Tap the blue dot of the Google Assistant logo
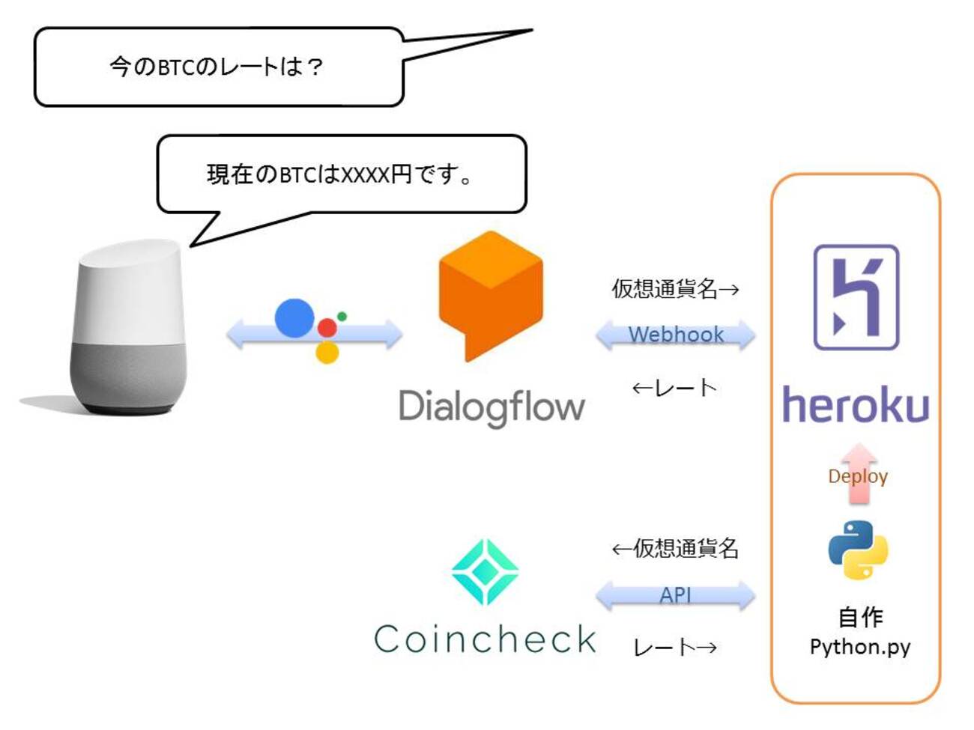coord(294,317)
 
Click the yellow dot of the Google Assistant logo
coord(327,352)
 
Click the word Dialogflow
coord(491,407)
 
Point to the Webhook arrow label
coord(676,334)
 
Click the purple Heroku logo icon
coord(856,297)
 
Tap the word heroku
coord(856,405)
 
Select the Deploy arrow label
coord(858,476)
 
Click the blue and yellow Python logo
coord(858,550)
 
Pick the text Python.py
coord(859,646)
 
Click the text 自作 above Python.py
coord(859,617)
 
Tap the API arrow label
coord(676,595)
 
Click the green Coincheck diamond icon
coord(486,572)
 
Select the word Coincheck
coord(486,639)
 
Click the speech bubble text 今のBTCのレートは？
coord(217,67)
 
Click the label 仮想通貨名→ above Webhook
coord(675,288)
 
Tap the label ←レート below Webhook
coord(674,387)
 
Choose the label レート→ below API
coord(675,647)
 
